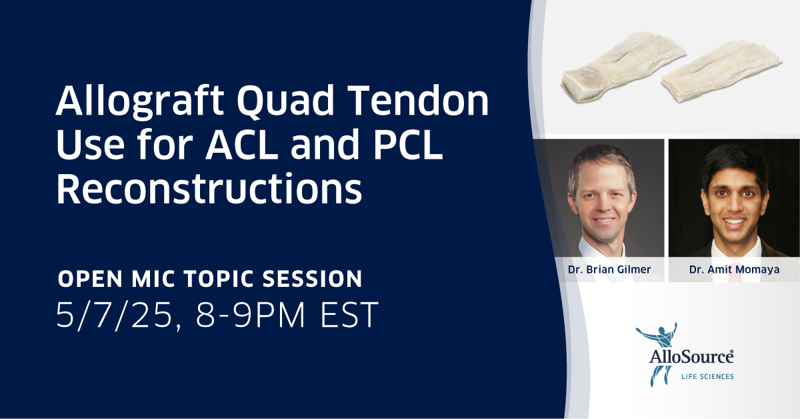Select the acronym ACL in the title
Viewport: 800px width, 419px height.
tap(241, 143)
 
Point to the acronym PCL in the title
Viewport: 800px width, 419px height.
tap(408, 143)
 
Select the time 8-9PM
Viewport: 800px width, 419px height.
tap(250, 315)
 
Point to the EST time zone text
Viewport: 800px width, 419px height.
tap(349, 315)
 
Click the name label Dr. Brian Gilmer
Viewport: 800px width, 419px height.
tap(609, 269)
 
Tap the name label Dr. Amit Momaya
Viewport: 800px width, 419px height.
tap(734, 269)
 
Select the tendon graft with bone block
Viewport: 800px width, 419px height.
tap(623, 68)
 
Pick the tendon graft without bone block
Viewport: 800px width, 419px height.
tap(721, 71)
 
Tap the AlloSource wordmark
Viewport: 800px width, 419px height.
tap(691, 357)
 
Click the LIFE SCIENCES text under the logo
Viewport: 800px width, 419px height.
tap(707, 376)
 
